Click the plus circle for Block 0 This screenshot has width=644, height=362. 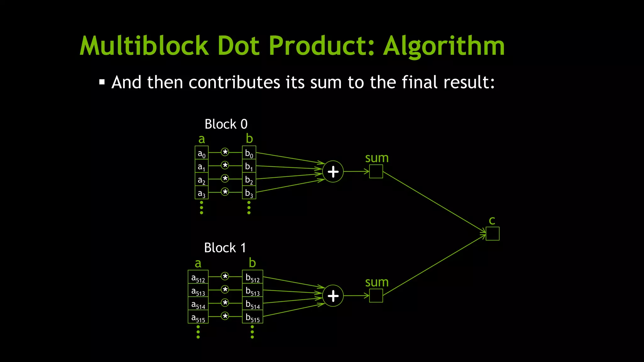(333, 172)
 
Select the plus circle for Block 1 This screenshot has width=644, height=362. (333, 296)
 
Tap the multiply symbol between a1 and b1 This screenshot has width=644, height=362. (225, 165)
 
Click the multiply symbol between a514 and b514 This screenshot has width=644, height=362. (225, 303)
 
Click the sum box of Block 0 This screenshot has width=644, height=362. (376, 172)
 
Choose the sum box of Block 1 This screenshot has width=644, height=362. (376, 296)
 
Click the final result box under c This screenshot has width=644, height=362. (492, 234)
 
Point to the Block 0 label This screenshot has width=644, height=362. (226, 124)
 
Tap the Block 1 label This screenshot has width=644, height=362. (225, 248)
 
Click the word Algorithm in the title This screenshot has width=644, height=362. (444, 47)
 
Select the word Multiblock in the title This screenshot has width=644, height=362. (144, 46)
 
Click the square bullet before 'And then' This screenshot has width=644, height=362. (102, 82)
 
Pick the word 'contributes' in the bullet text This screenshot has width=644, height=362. (234, 82)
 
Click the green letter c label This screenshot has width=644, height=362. (492, 221)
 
